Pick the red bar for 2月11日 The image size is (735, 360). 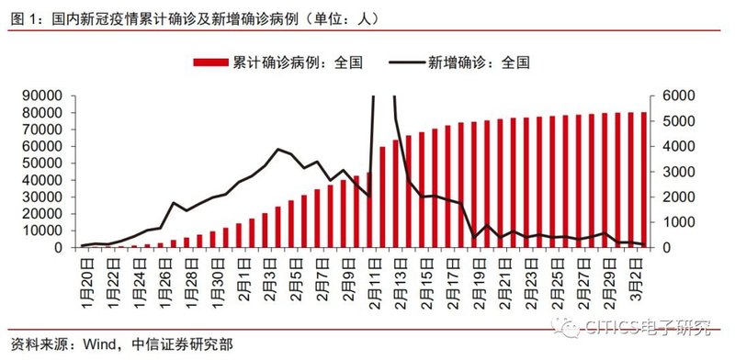[x=369, y=209]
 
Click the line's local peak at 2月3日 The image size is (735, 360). [x=278, y=149]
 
